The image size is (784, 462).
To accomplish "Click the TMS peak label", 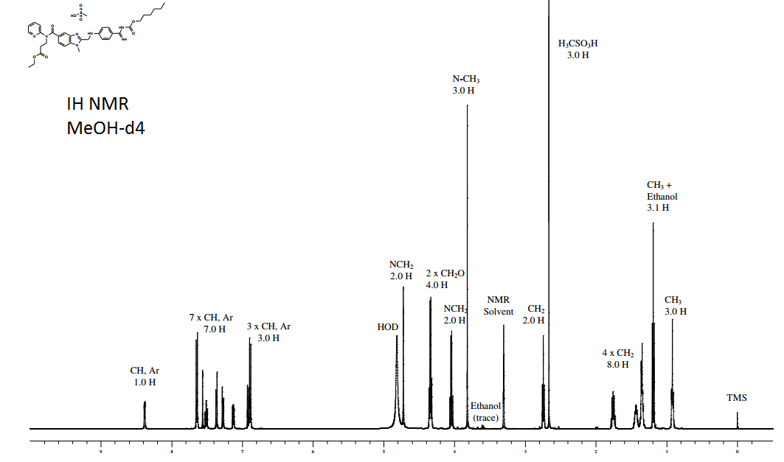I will pyautogui.click(x=736, y=398).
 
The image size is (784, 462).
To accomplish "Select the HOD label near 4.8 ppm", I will pyautogui.click(x=388, y=327).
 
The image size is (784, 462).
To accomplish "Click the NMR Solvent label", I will pyautogui.click(x=499, y=306).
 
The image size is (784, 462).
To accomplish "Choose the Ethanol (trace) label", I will pyautogui.click(x=485, y=412).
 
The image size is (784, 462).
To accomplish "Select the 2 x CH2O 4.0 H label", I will pyautogui.click(x=445, y=279).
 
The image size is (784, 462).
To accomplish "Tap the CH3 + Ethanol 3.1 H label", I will pyautogui.click(x=662, y=197).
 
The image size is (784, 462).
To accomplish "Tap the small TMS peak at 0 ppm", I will pyautogui.click(x=737, y=420).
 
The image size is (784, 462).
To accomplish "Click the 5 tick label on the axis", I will pyautogui.click(x=384, y=450).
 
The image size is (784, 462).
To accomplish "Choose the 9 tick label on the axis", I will pyautogui.click(x=101, y=450).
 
